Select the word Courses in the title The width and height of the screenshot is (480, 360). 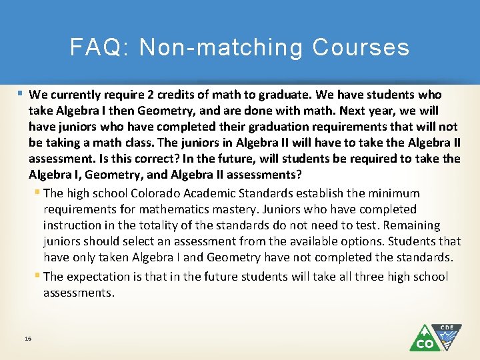361,47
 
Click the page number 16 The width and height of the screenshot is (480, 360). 27,339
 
